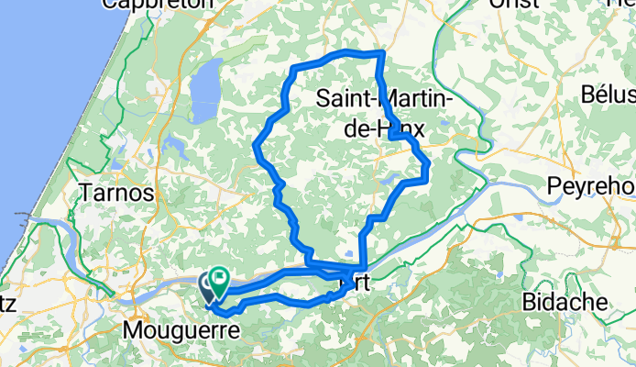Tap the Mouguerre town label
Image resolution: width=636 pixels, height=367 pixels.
point(182,328)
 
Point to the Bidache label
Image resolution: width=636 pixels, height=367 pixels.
point(565,302)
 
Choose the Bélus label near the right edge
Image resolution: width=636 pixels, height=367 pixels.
point(608,95)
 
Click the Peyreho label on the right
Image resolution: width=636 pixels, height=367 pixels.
point(591,185)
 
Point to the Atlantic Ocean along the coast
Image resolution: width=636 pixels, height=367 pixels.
point(37,110)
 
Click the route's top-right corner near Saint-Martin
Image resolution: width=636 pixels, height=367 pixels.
point(379,55)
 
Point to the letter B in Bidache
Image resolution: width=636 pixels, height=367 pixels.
point(529,302)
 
